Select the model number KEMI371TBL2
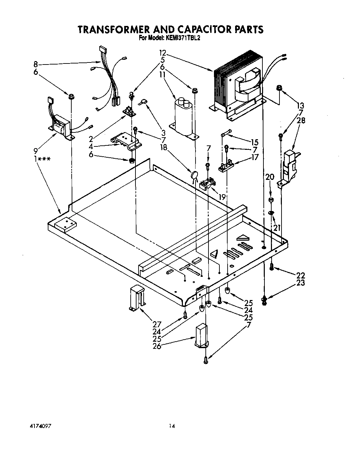pos(183,39)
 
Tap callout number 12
pos(163,53)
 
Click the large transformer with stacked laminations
pos(237,85)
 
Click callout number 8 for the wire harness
pos(36,64)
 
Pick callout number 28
pos(301,120)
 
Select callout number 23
pos(301,283)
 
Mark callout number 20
pos(270,177)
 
